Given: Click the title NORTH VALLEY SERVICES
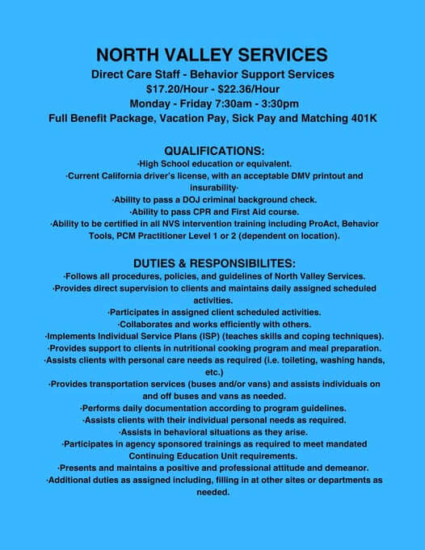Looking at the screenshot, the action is (212, 55).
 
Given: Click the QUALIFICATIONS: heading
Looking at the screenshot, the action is (213, 150).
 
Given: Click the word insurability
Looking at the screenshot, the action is (212, 187).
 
